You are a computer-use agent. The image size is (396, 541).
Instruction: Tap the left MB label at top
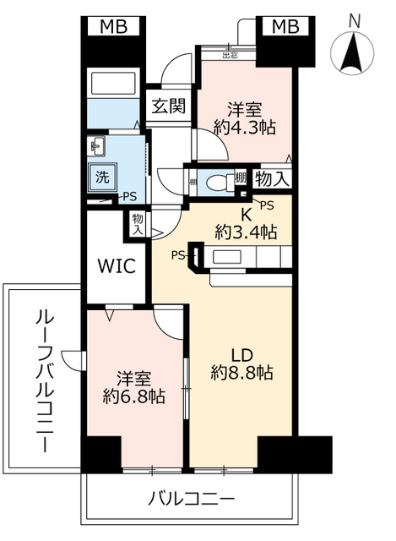pos(114,27)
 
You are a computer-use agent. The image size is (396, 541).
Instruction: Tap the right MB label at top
pos(284,27)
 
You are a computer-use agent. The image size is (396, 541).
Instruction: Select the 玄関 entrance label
pos(169,107)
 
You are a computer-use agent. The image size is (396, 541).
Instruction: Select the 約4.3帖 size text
pos(245,128)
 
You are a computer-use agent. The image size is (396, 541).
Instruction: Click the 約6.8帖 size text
pos(134,396)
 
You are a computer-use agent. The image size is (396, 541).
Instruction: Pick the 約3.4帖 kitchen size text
pos(246,231)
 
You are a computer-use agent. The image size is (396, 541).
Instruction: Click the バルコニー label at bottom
pos(191,500)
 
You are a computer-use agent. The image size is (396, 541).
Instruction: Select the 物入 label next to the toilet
pos(273,178)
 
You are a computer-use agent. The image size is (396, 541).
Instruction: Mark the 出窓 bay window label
pos(228,56)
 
